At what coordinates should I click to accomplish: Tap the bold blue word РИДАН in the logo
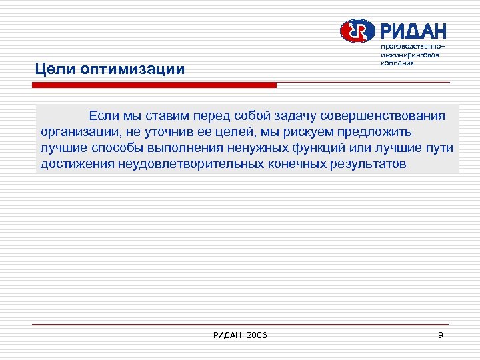[x=413, y=31]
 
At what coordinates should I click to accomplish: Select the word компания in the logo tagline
[x=398, y=63]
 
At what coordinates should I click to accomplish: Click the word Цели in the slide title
[x=55, y=69]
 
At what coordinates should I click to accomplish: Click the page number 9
[x=441, y=334]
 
